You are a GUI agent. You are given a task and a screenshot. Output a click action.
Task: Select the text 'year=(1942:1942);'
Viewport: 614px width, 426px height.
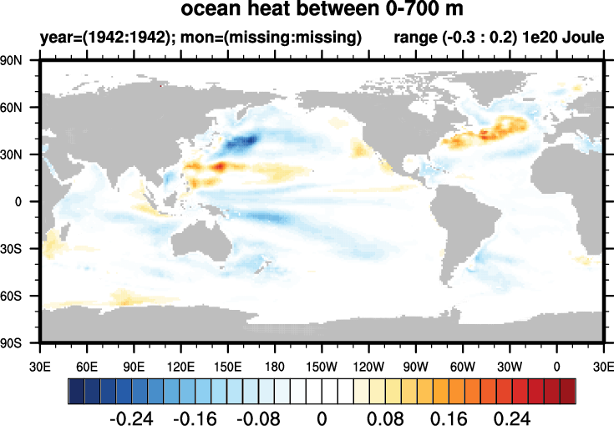[94, 38]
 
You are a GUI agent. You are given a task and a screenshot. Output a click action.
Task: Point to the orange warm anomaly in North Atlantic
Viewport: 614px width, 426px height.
[489, 132]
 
